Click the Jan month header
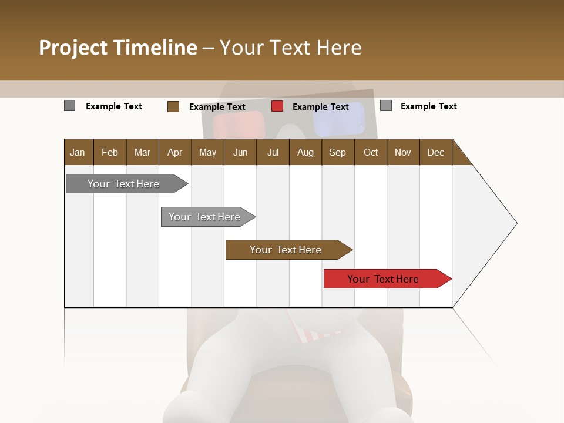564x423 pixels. coord(78,152)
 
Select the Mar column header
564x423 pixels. coord(142,152)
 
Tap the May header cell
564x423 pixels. coord(207,152)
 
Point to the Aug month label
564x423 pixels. coord(305,152)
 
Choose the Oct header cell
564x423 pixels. coord(371,152)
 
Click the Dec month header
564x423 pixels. coord(435,152)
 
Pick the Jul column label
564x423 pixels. coord(273,152)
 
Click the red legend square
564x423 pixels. coord(277,106)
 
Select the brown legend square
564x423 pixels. coord(173,106)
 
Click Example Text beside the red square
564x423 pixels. coord(320,107)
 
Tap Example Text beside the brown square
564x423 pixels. coord(217,107)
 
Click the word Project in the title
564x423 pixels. coord(73,48)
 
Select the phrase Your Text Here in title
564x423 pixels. coord(290,48)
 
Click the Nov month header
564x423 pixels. coord(402,152)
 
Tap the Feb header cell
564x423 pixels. coord(110,152)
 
